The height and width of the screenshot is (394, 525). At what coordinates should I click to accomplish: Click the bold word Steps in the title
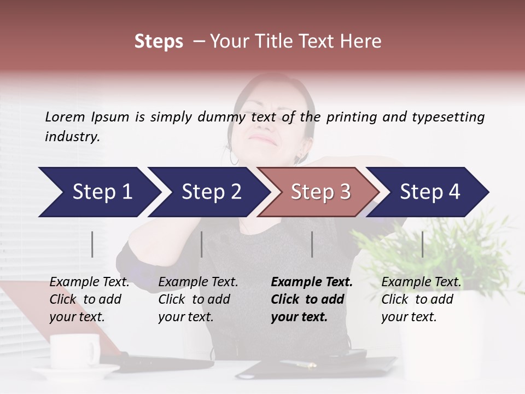point(159,42)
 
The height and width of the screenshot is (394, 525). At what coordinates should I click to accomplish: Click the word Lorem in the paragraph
point(65,117)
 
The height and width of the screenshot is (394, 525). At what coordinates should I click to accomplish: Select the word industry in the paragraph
point(71,137)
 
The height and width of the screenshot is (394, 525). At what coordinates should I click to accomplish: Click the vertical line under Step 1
point(92,244)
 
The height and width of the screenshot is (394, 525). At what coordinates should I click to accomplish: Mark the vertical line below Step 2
point(202,244)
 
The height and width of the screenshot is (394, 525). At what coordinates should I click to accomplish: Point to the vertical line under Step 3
point(312,244)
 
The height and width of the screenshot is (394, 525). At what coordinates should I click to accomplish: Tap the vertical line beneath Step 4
point(423,244)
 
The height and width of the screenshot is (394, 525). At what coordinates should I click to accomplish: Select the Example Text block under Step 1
point(89,299)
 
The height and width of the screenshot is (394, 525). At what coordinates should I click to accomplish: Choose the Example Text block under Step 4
point(421,299)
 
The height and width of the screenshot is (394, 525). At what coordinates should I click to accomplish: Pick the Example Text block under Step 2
point(197,299)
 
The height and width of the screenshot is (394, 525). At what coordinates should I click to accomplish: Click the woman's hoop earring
point(234,158)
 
